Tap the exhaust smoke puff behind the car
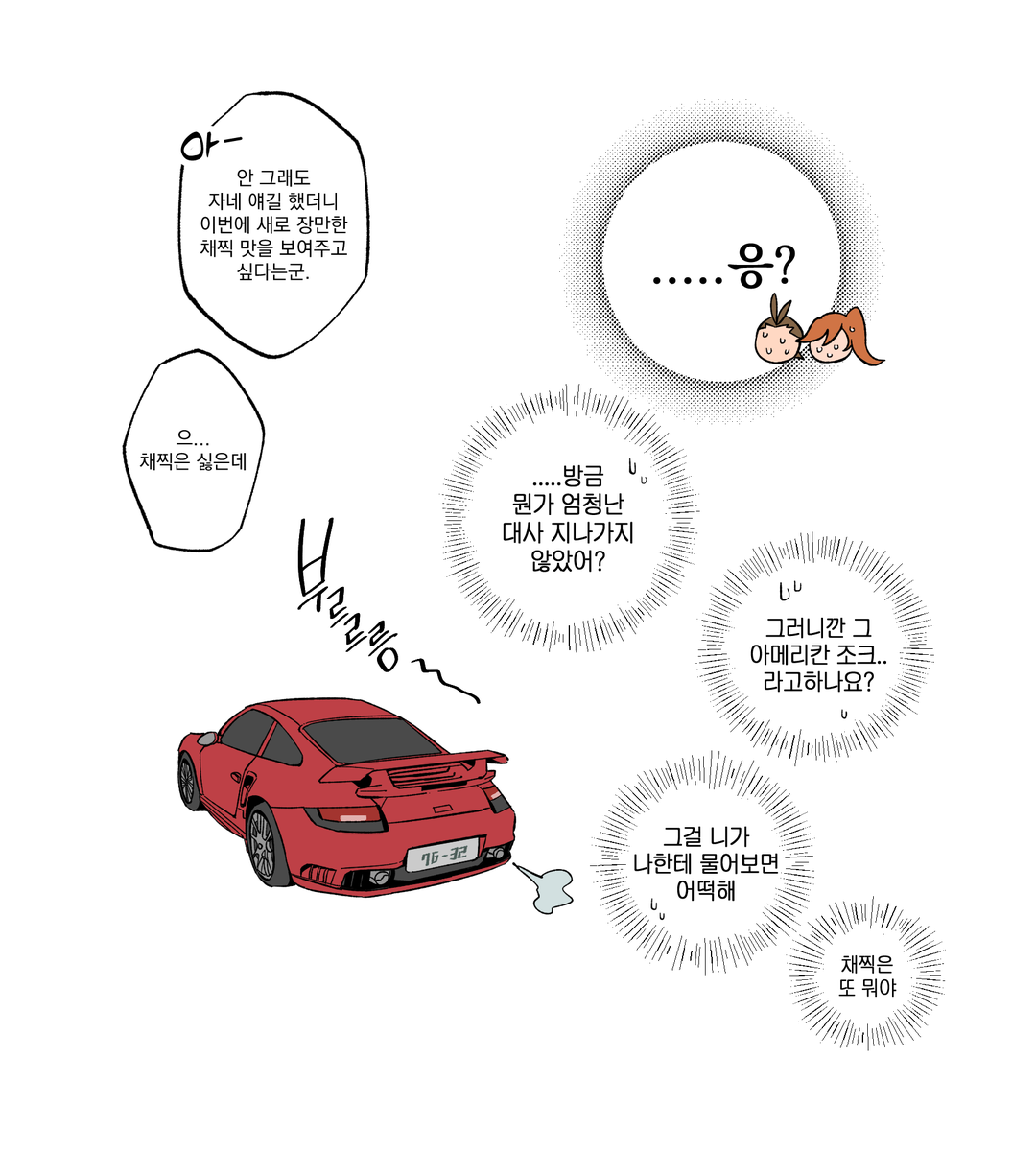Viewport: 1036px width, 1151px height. (x=545, y=887)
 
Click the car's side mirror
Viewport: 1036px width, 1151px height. (x=205, y=739)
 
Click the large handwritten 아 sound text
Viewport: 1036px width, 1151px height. (x=209, y=144)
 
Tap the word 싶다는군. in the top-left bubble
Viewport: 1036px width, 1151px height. (x=273, y=272)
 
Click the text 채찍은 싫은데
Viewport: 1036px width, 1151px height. (x=193, y=461)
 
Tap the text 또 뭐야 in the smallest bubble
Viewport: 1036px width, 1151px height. (x=867, y=988)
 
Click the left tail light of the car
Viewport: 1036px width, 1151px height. (x=344, y=817)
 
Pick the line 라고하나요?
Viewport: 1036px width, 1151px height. (x=818, y=682)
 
